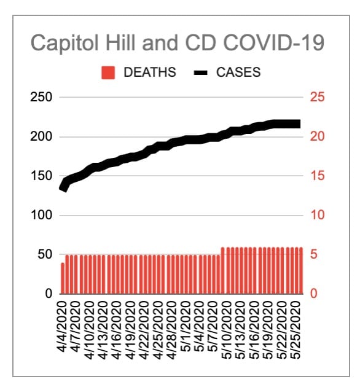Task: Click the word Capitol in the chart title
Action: click(65, 44)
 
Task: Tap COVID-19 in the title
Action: click(273, 42)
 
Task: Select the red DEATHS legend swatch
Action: click(108, 73)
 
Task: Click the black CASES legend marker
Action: click(200, 73)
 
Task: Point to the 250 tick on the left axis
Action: click(41, 97)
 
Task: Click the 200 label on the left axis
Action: click(41, 136)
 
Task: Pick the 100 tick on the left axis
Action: click(42, 215)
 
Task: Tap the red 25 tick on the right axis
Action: click(317, 97)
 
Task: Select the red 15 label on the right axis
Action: click(317, 176)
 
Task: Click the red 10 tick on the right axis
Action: click(317, 215)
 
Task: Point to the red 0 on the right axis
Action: click(313, 294)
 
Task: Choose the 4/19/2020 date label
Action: click(131, 330)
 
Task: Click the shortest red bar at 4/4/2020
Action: click(63, 278)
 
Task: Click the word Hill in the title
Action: click(120, 42)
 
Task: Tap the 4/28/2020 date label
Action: click(173, 330)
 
